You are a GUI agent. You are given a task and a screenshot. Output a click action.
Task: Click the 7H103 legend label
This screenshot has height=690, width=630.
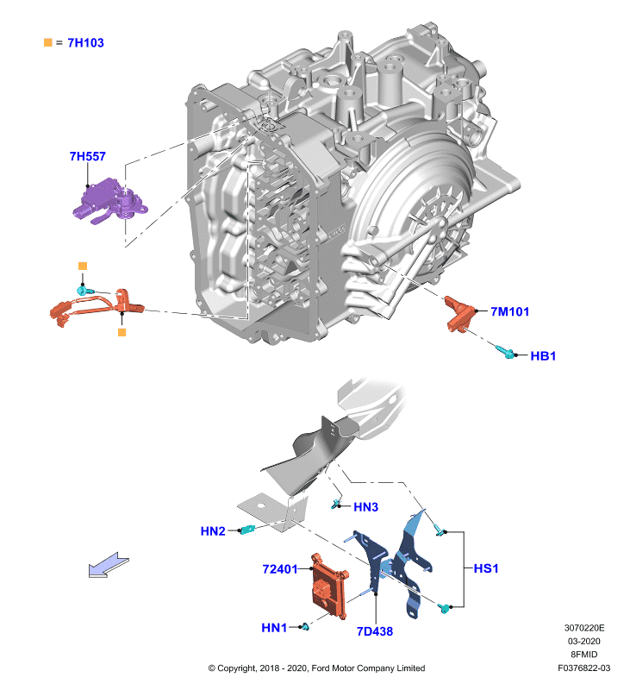coord(85,42)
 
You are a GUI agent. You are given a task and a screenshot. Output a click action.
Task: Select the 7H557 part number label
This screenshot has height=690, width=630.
coord(88,156)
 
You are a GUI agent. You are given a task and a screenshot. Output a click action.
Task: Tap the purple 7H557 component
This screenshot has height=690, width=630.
coord(110,201)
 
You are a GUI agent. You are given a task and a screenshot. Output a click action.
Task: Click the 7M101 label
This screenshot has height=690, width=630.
coord(509,311)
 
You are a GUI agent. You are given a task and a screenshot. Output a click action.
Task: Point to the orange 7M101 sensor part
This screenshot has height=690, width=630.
coord(459,313)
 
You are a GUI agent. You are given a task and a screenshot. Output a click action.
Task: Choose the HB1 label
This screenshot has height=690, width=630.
coord(543,355)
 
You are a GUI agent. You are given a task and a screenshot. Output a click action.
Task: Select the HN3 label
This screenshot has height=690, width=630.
coord(365,507)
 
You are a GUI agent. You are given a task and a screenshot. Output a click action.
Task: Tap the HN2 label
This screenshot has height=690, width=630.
coord(213,531)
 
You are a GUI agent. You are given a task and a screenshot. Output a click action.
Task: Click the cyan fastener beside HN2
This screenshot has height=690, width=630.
coord(247,529)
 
